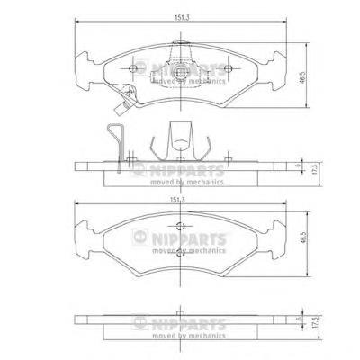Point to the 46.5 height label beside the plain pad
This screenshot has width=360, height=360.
click(303, 237)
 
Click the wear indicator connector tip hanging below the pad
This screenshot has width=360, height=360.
click(119, 109)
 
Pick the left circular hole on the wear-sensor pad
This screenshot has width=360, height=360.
click(132, 68)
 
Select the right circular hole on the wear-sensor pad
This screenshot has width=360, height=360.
click(228, 68)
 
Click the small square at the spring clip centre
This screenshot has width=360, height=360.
click(181, 72)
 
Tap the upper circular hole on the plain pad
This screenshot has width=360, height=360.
click(180, 227)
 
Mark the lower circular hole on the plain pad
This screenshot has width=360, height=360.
click(180, 253)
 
